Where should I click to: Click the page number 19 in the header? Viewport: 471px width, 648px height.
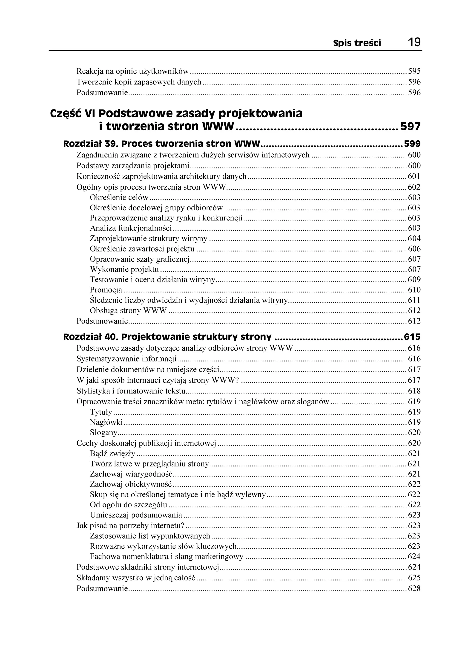click(414, 43)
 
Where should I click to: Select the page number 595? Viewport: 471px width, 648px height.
click(414, 71)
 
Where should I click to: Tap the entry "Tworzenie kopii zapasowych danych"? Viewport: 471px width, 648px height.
click(139, 82)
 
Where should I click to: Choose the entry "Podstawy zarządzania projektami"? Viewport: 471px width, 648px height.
click(133, 166)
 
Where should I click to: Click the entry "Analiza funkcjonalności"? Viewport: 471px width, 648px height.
click(131, 228)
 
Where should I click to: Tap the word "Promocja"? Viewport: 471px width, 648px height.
click(106, 290)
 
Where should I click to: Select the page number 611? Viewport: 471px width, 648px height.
click(414, 300)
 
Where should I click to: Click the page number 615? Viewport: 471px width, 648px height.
click(412, 337)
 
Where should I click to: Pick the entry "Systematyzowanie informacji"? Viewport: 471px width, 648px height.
click(126, 359)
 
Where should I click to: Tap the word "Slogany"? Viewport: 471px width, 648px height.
click(103, 433)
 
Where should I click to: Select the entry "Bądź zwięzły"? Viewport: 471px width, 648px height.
click(112, 453)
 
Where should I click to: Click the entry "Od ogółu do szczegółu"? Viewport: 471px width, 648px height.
click(128, 505)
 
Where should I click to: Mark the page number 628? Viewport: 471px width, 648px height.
click(414, 589)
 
